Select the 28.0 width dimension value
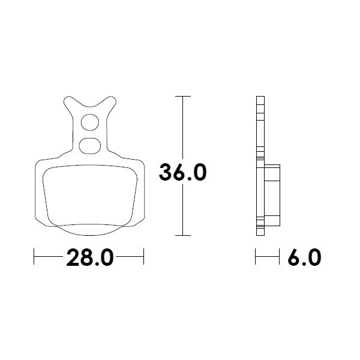(x=89, y=258)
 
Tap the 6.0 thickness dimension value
(x=304, y=258)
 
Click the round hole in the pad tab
(x=89, y=123)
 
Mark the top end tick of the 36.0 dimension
(x=182, y=96)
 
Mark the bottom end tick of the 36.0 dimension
(x=182, y=235)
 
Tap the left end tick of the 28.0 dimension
(x=34, y=258)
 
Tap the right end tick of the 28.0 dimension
(x=144, y=258)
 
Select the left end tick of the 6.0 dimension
(x=256, y=258)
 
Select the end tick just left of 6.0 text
(x=280, y=258)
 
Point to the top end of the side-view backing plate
(x=259, y=98)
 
